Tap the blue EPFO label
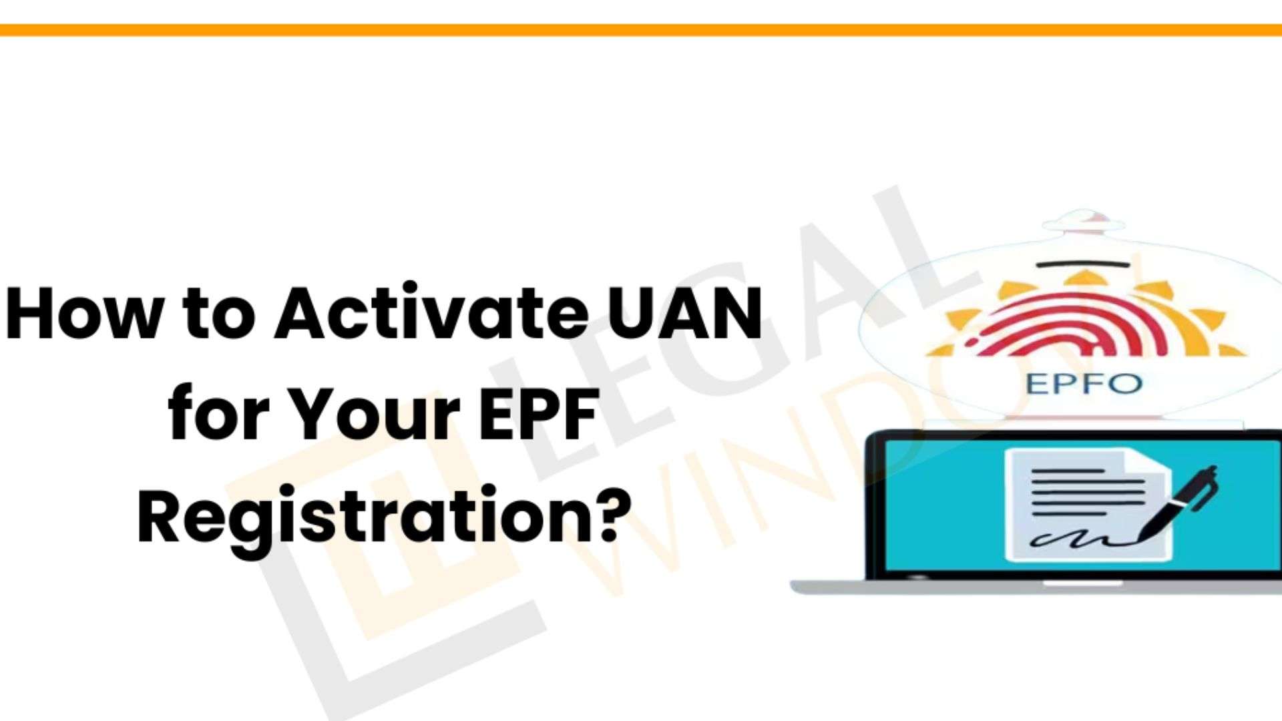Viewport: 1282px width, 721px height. pos(1083,385)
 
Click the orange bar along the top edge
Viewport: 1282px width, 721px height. pos(641,30)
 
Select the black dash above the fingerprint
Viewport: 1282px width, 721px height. pos(1083,264)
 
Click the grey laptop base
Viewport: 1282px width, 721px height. pos(1035,587)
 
